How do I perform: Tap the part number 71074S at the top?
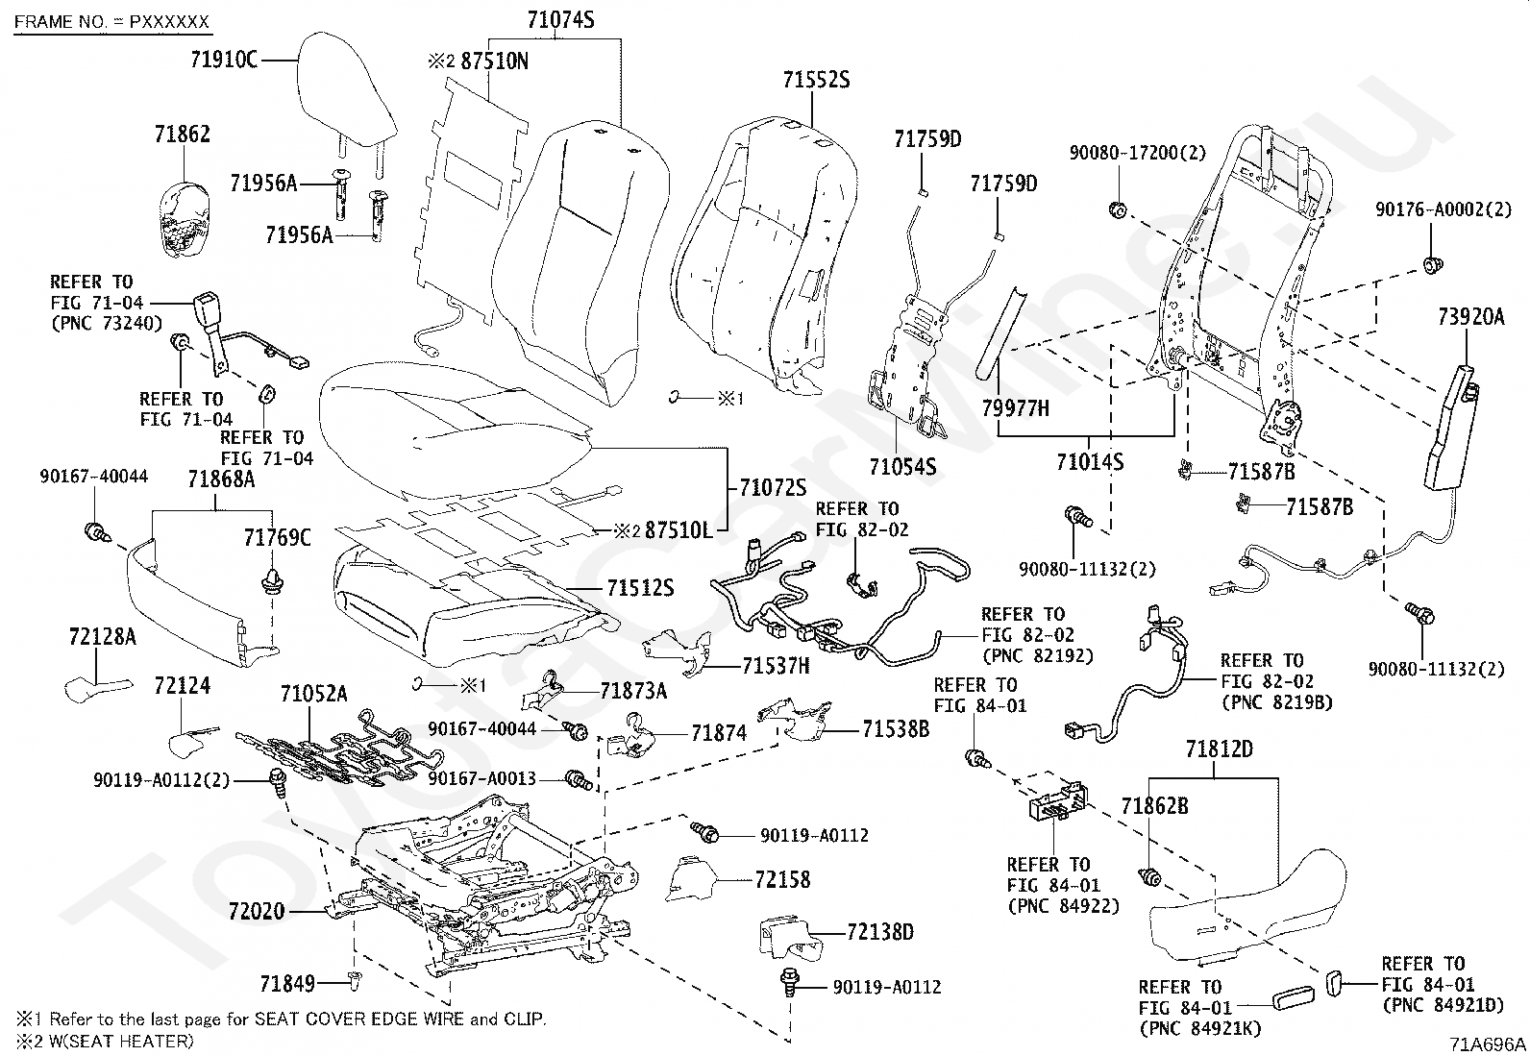pyautogui.click(x=560, y=20)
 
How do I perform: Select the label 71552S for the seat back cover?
pyautogui.click(x=816, y=80)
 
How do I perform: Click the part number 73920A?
pyautogui.click(x=1470, y=316)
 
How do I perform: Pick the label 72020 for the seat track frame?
pyautogui.click(x=257, y=911)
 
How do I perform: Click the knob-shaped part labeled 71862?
pyautogui.click(x=185, y=218)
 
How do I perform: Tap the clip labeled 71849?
pyautogui.click(x=355, y=981)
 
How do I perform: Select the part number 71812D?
pyautogui.click(x=1220, y=749)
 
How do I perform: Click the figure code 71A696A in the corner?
pyautogui.click(x=1488, y=1044)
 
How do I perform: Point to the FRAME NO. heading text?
pyautogui.click(x=111, y=22)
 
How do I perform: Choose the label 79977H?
pyautogui.click(x=1015, y=407)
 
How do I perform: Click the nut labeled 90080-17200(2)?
pyautogui.click(x=1118, y=210)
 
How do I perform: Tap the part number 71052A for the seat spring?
pyautogui.click(x=313, y=694)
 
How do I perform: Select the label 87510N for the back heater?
pyautogui.click(x=494, y=61)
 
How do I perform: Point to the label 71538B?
pyautogui.click(x=896, y=728)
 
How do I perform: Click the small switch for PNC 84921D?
pyautogui.click(x=1334, y=983)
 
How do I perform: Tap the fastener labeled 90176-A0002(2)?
pyautogui.click(x=1432, y=264)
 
